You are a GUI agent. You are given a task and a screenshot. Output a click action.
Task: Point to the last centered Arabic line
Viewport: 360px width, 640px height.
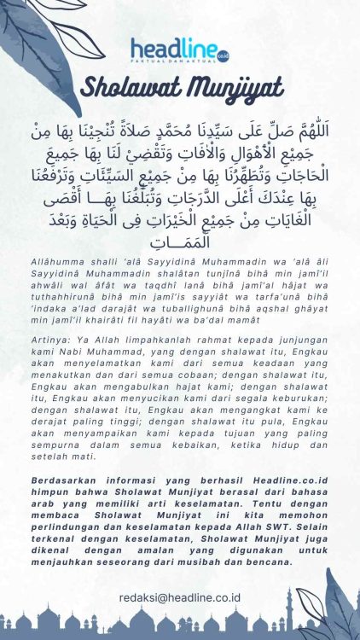point(180,243)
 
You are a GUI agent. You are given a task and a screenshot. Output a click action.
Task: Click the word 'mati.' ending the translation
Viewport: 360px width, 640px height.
point(98,456)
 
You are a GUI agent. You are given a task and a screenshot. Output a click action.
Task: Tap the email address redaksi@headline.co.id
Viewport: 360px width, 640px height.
point(179,599)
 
